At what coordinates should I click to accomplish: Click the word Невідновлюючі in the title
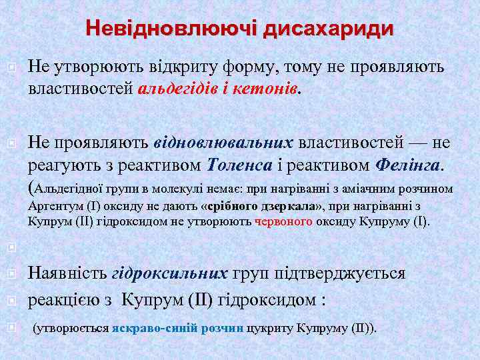tap(171, 29)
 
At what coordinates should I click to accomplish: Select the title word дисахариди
tap(328, 29)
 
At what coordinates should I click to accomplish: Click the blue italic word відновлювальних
tap(223, 143)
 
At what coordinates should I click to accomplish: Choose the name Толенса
tap(239, 164)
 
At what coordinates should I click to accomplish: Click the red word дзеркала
tap(290, 206)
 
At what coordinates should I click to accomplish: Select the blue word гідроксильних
tap(170, 273)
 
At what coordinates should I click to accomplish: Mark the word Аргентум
tap(53, 206)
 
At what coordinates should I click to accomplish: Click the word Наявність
tap(67, 273)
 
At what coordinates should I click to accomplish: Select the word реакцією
tap(64, 300)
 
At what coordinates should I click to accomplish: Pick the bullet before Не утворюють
tap(11, 67)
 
